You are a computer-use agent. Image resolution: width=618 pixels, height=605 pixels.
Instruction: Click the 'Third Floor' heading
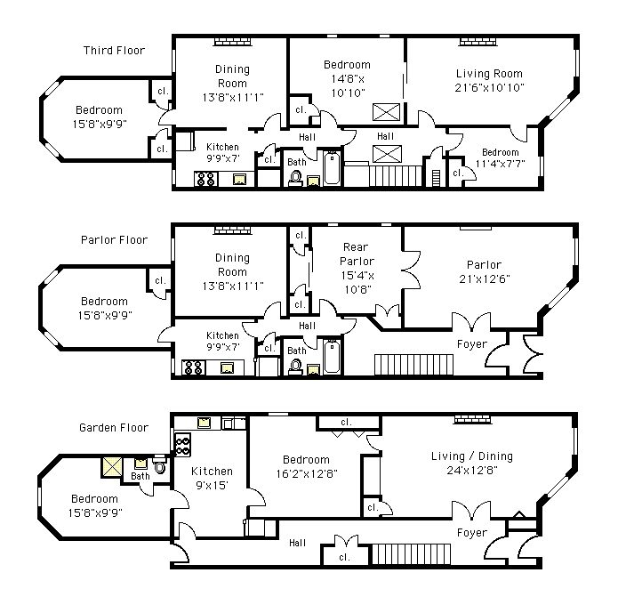(x=114, y=51)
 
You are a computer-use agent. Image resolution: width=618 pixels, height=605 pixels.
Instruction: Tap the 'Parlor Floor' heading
(x=114, y=240)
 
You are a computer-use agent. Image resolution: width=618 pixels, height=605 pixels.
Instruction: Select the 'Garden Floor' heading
(x=114, y=428)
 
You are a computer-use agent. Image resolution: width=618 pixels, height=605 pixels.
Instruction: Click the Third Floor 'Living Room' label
(x=489, y=74)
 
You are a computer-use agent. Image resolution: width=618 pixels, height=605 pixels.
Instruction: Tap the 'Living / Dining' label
(x=472, y=456)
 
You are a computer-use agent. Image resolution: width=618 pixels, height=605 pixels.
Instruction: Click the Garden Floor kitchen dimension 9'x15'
(x=212, y=486)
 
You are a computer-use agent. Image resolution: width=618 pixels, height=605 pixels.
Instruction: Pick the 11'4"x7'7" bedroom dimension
(x=500, y=164)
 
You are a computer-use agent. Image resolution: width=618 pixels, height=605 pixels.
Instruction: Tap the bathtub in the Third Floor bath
(x=331, y=169)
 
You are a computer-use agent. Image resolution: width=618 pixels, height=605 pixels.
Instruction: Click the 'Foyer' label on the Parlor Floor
(x=472, y=344)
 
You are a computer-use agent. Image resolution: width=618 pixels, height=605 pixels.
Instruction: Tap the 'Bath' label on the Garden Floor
(x=140, y=477)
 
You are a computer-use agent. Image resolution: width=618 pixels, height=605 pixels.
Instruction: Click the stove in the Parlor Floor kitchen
(x=192, y=367)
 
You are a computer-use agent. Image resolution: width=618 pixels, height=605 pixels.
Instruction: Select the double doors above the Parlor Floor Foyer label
(x=470, y=322)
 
